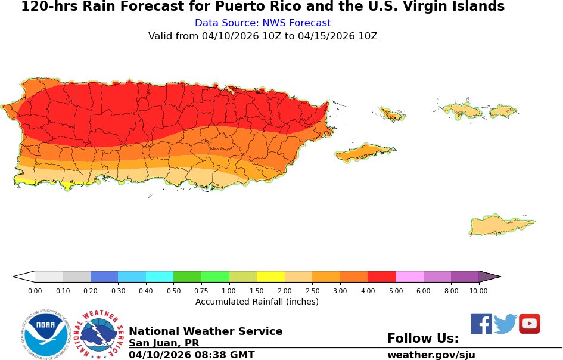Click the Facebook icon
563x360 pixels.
(481, 324)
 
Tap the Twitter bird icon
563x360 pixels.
(505, 324)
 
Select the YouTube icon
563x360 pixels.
(529, 324)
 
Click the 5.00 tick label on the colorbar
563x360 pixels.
(396, 291)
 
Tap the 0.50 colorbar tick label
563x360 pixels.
(173, 291)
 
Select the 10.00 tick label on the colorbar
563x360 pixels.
(478, 291)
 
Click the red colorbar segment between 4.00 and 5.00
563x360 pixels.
(381, 277)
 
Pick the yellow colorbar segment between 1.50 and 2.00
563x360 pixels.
(270, 277)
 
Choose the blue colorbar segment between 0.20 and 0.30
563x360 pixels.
(104, 277)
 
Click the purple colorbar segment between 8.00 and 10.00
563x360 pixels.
(465, 277)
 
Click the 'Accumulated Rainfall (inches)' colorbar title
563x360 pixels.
(257, 302)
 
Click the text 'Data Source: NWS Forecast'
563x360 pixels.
(263, 23)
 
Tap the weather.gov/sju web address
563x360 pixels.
(431, 355)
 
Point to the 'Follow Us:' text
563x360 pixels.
(423, 339)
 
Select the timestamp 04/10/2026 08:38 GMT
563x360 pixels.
(191, 355)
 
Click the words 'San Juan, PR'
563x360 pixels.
(164, 343)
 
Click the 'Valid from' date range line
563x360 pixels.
(263, 36)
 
